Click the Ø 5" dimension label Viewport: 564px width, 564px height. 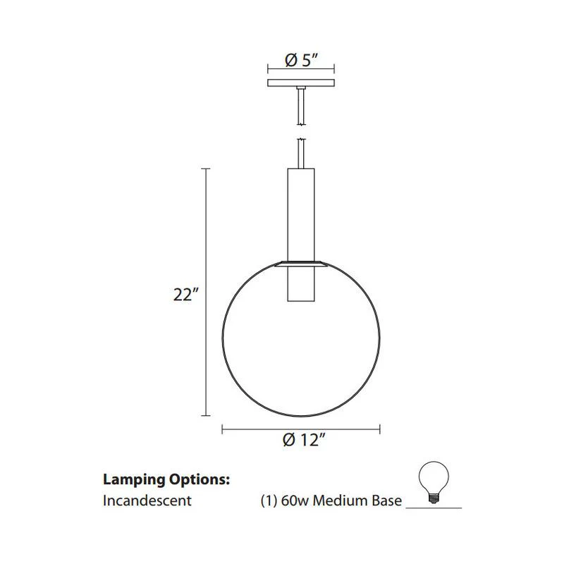302,60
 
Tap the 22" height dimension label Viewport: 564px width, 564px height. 185,295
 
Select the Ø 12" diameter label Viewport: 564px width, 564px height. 304,439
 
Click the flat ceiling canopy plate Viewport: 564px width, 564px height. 301,83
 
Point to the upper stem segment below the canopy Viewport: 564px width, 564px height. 301,106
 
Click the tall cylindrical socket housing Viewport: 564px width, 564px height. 301,235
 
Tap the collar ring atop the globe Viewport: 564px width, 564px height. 301,264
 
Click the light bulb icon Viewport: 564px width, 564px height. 434,483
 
